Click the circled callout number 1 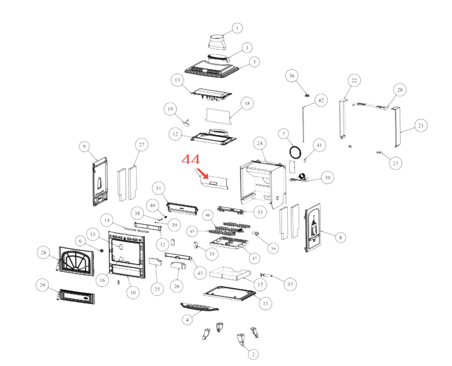(x=237, y=28)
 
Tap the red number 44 (x=191, y=159)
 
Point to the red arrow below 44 (x=202, y=174)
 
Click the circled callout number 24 (x=260, y=143)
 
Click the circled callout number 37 (x=290, y=284)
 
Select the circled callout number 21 (x=421, y=125)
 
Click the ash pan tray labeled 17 (x=230, y=273)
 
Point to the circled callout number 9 (x=84, y=146)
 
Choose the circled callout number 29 (x=42, y=285)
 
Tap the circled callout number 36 (x=292, y=76)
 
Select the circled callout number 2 (x=253, y=354)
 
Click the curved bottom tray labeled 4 (x=200, y=307)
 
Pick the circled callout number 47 (x=254, y=258)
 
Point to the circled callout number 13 (x=177, y=80)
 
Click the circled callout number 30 (x=328, y=177)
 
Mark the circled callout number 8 (x=341, y=237)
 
